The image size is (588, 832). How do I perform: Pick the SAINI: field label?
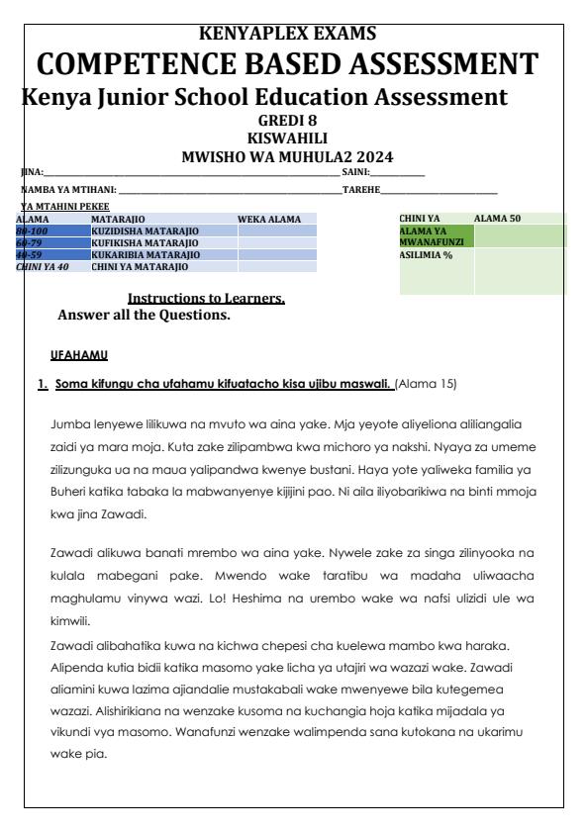[354, 173]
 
